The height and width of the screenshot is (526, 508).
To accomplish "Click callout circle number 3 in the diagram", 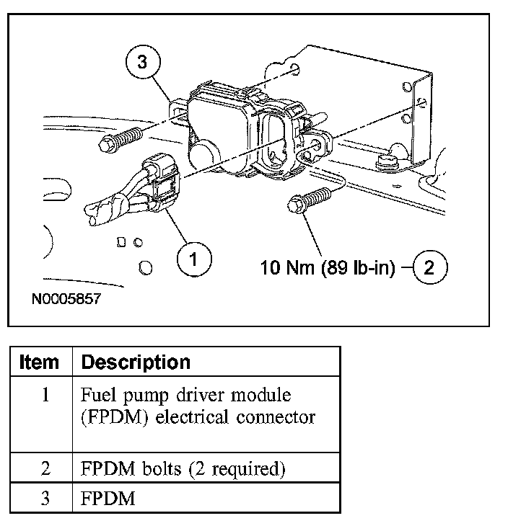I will coord(142,63).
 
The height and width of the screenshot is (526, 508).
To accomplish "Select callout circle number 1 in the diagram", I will coord(194,257).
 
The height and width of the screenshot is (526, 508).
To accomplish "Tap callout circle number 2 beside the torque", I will coord(429,268).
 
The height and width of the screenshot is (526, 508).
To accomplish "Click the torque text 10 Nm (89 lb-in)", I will coord(328,269).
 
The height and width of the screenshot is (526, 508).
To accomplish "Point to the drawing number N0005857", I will coord(66,298).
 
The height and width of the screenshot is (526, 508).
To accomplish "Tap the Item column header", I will coord(40,362).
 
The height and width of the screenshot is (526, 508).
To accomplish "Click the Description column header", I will coord(136,362).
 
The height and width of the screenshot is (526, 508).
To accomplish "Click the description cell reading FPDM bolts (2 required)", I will coord(183,468).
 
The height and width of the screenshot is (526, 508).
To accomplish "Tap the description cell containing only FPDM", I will coord(108,498).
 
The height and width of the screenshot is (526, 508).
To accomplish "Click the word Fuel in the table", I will coord(97,396).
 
